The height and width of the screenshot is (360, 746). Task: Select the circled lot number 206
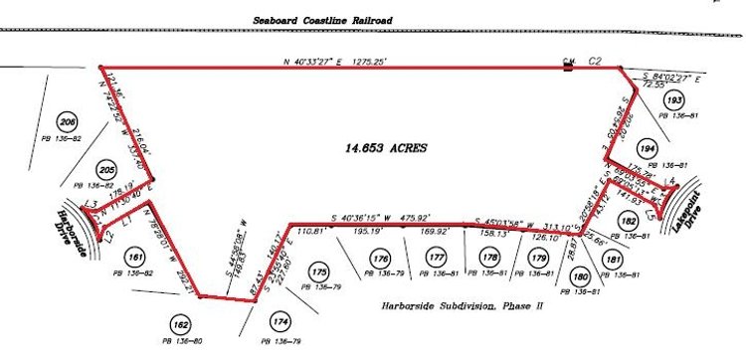point(68,122)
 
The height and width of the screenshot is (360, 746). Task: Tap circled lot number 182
point(628,221)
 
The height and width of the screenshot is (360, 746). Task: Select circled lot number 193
point(675,100)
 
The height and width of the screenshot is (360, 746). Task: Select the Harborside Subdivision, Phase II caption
point(464,306)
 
